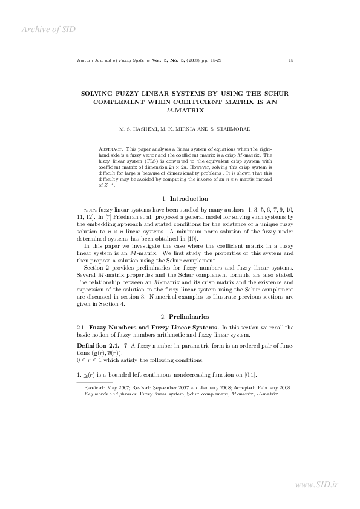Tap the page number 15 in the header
coord(291,60)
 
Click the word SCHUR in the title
coord(277,94)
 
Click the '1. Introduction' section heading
coord(180,198)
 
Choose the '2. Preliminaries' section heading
coord(180,316)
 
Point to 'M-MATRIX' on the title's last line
coord(180,111)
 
